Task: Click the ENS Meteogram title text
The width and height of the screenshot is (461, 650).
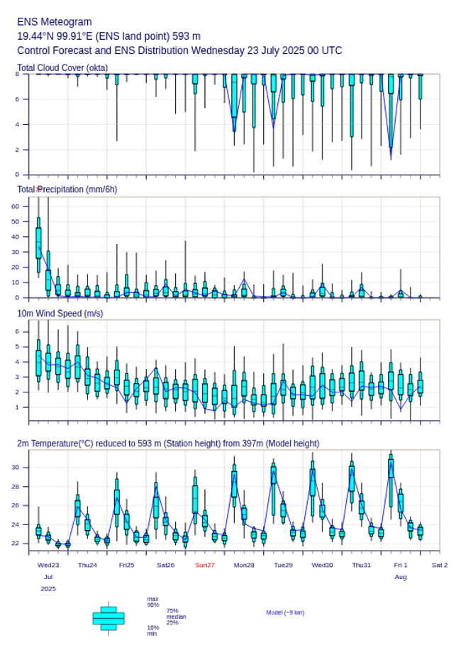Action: click(x=55, y=22)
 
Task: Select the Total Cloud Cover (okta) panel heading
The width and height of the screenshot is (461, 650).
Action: click(x=62, y=68)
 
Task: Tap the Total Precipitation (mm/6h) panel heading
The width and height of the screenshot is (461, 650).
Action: click(x=67, y=189)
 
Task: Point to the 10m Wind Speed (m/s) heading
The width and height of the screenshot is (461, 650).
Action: click(x=60, y=313)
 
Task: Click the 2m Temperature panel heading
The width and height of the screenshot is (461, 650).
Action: click(x=168, y=444)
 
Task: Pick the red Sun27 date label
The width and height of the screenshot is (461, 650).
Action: click(x=205, y=565)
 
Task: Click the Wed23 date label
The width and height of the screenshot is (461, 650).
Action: click(x=48, y=565)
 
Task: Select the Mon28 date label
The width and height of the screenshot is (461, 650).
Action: click(x=244, y=565)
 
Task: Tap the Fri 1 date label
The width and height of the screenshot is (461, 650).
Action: click(x=401, y=565)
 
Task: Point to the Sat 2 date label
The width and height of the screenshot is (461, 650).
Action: click(x=440, y=565)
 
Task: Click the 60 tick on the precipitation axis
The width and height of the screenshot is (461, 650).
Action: click(x=15, y=206)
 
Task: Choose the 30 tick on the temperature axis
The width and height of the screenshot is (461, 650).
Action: click(x=15, y=467)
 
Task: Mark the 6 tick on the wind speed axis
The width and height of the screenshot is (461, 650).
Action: click(x=17, y=331)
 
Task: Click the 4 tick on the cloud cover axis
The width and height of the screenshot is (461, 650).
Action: click(x=17, y=124)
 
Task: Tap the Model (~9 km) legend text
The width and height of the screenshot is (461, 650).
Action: click(x=285, y=612)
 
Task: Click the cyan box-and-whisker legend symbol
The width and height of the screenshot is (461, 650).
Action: click(x=109, y=618)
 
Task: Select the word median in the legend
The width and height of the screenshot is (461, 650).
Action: click(x=176, y=617)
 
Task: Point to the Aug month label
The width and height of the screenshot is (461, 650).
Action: click(x=401, y=577)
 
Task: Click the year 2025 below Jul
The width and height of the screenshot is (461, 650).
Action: click(x=48, y=589)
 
